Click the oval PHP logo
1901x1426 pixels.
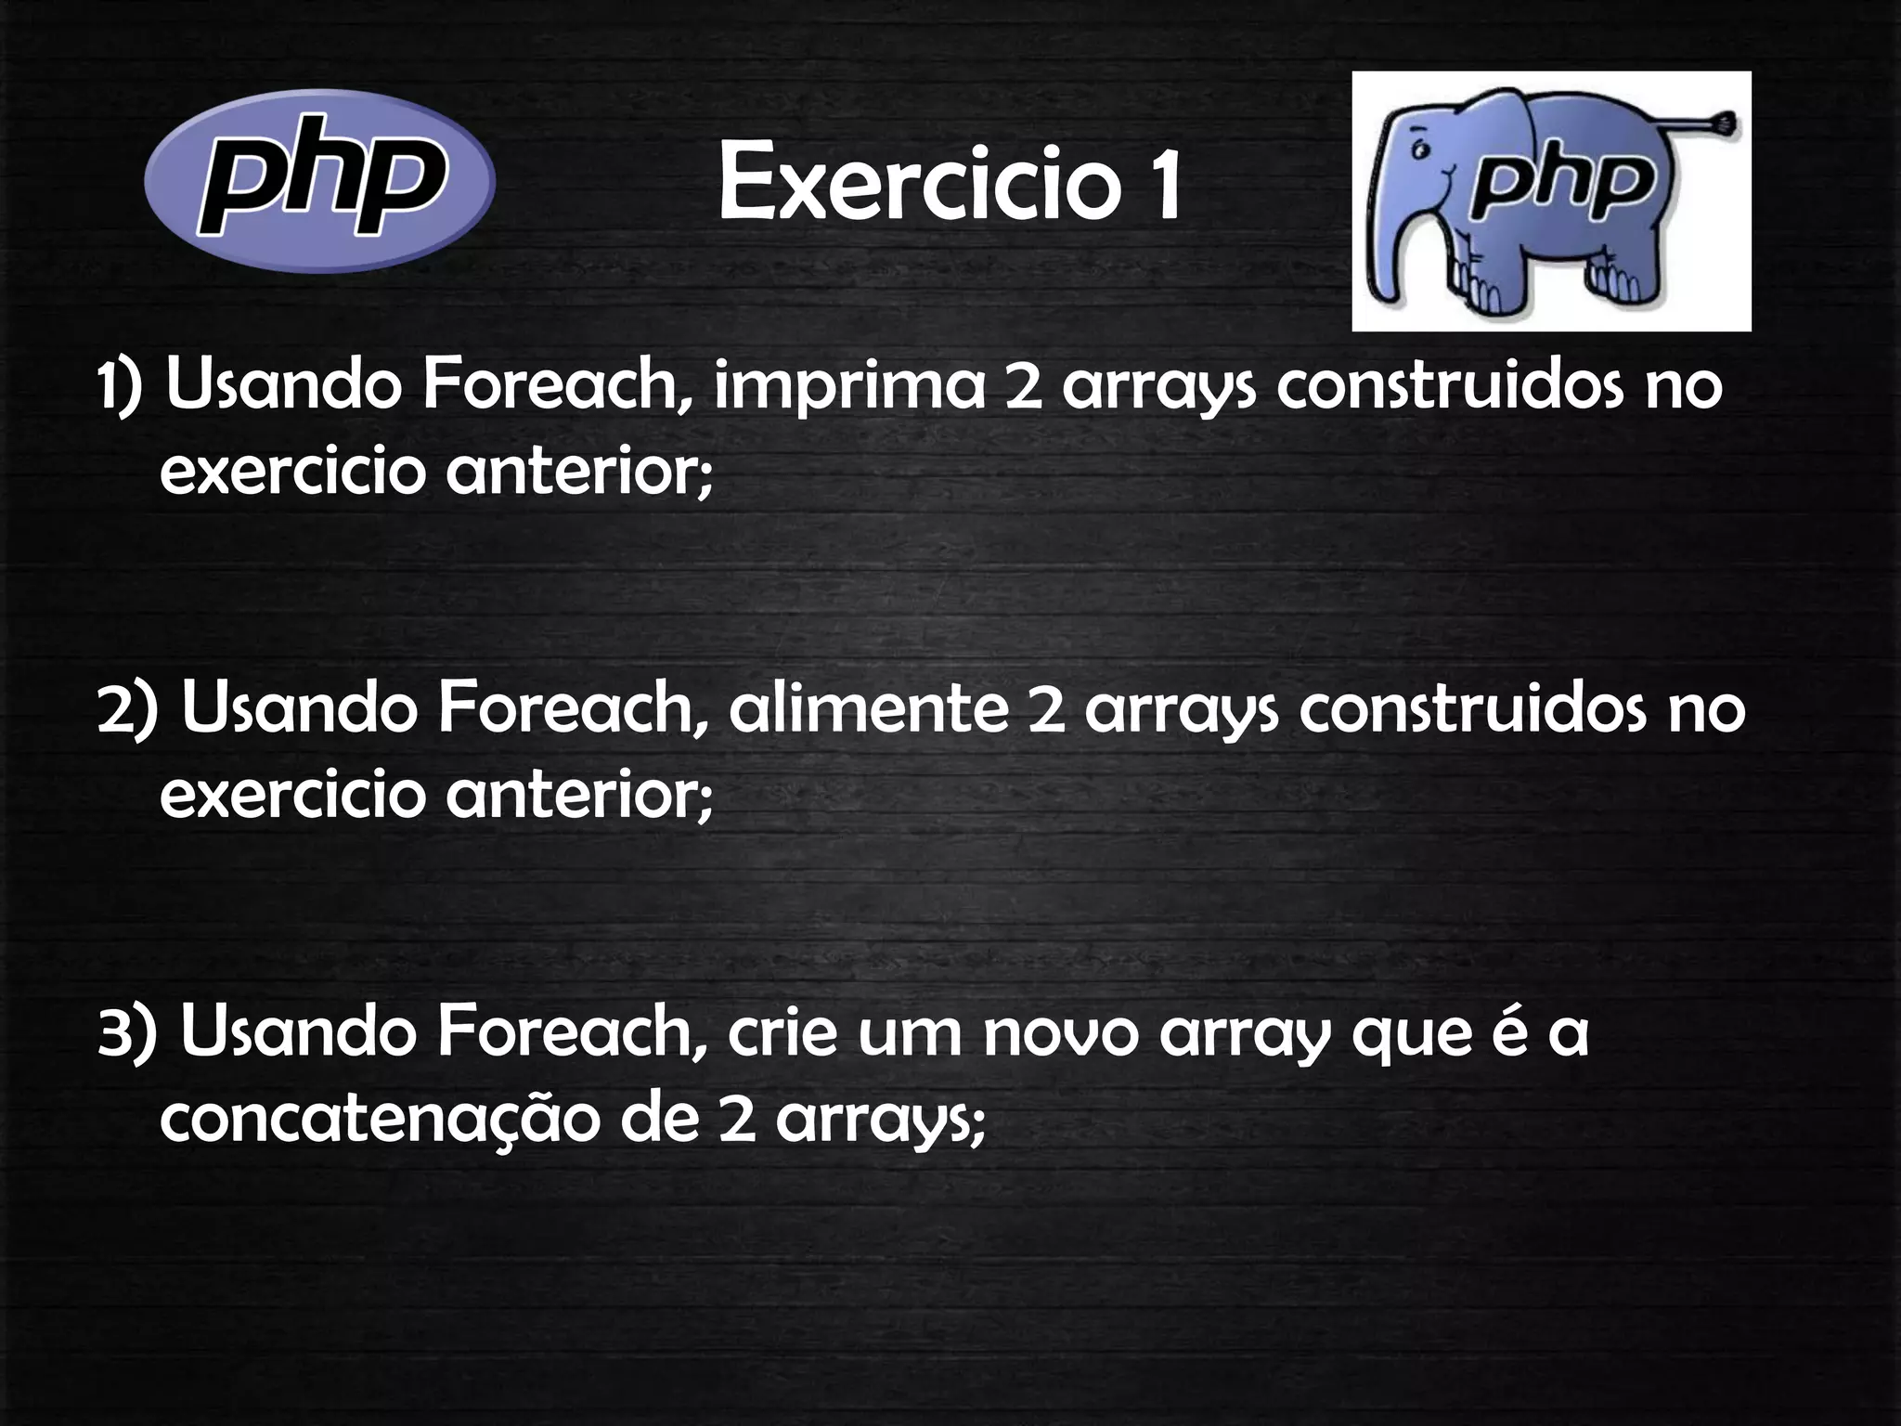tap(319, 180)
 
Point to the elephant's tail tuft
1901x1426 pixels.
tap(1724, 123)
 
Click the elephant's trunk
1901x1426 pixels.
tap(1387, 251)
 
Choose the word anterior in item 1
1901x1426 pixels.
tap(579, 473)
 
